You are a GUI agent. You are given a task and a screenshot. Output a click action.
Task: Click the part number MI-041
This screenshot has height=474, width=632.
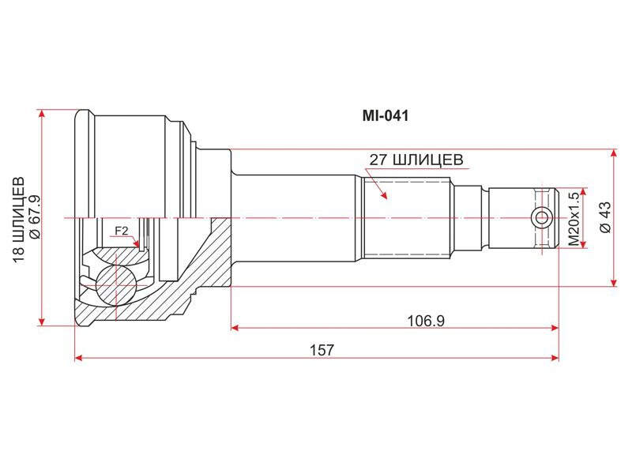386,116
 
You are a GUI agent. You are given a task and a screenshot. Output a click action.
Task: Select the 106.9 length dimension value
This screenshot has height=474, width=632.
426,322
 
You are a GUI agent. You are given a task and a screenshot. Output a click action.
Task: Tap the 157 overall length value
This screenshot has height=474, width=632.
322,350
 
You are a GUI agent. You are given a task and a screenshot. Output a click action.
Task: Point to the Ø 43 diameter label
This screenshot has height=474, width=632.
605,217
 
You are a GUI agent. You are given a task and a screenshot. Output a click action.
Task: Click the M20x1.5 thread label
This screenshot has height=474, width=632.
574,219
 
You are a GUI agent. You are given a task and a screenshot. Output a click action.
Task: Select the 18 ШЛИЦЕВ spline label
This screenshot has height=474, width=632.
18,220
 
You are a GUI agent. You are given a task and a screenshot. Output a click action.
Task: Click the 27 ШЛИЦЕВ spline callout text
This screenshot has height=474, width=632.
416,160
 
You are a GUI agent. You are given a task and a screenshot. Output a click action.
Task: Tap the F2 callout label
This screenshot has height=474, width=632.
121,231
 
